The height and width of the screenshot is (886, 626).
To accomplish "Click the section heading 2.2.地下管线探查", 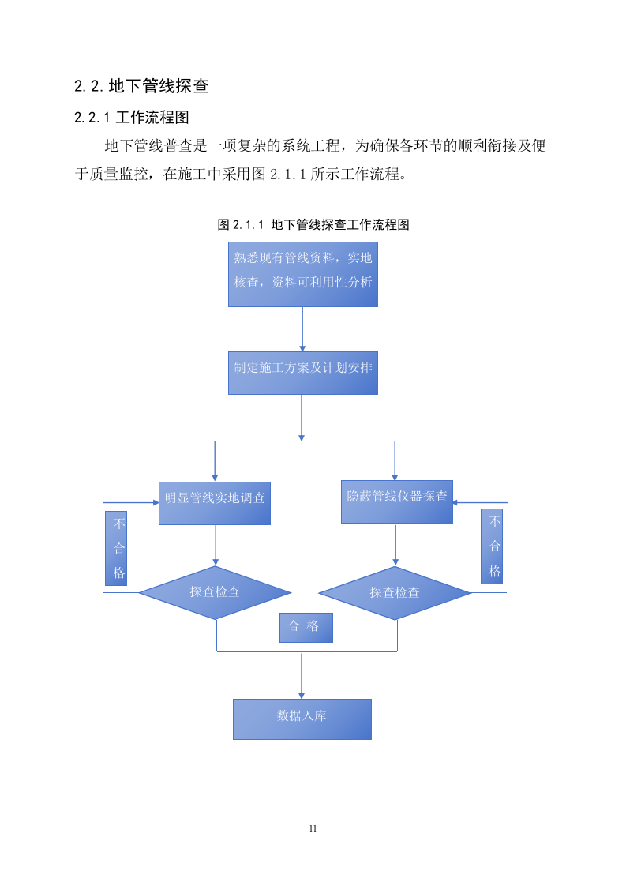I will click(x=141, y=86).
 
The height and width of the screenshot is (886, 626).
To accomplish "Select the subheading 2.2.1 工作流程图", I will click(x=132, y=118).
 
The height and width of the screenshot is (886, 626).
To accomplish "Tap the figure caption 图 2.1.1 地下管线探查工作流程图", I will click(x=313, y=224).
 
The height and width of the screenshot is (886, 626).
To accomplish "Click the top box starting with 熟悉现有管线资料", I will click(x=303, y=274).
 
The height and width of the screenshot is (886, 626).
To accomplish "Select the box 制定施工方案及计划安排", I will click(x=303, y=373).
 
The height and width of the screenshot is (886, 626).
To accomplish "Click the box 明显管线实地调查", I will click(x=215, y=503).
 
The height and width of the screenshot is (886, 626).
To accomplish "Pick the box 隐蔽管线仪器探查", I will click(x=396, y=501).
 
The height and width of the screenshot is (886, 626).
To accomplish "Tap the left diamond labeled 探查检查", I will click(x=215, y=592).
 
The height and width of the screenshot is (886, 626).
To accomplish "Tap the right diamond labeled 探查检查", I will click(x=395, y=592).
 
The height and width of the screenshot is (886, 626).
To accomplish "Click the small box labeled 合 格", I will click(x=306, y=627).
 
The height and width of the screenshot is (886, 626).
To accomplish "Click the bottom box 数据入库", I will click(x=302, y=719).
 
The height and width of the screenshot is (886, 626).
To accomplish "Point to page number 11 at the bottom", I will click(x=313, y=828).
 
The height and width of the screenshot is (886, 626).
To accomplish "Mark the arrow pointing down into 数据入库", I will click(x=302, y=675).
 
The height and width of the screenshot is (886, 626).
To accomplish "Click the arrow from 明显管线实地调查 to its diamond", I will click(x=216, y=545).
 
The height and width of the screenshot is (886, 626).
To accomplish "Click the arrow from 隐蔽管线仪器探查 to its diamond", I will click(x=395, y=545).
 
